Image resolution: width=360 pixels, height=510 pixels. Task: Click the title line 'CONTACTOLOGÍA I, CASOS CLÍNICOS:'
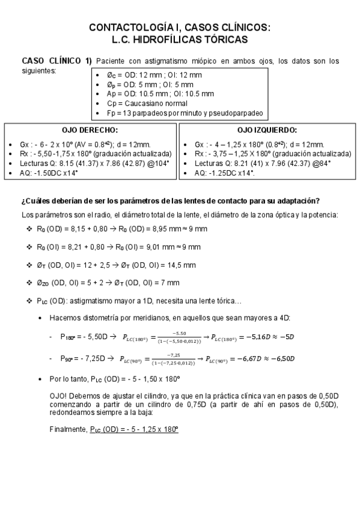pyautogui.click(x=180, y=28)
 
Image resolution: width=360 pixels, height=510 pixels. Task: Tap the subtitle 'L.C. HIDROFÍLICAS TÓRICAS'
pyautogui.click(x=180, y=39)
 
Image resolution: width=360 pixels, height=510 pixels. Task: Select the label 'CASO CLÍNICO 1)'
pyautogui.click(x=56, y=61)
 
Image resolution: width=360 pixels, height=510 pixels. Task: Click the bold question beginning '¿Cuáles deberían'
pyautogui.click(x=170, y=201)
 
